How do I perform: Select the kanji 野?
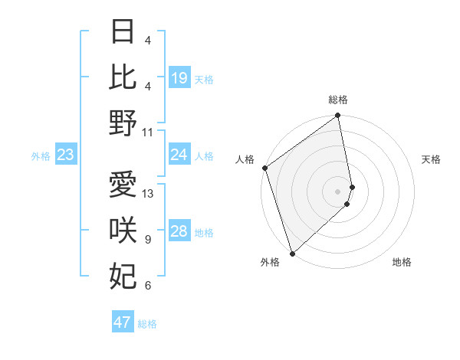[x=123, y=123]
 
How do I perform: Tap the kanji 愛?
[x=123, y=184]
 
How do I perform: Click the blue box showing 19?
[x=179, y=78]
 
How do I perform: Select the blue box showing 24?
[x=179, y=155]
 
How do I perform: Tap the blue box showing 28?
[x=179, y=232]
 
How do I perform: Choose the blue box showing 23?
[x=66, y=155]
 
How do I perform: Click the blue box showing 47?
[x=123, y=322]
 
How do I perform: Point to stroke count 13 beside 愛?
[x=149, y=194]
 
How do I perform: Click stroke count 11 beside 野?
[x=148, y=133]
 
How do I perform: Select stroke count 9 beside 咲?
[x=148, y=240]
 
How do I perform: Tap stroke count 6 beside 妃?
[x=148, y=286]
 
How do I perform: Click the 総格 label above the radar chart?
[x=338, y=100]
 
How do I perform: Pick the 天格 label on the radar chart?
[x=431, y=159]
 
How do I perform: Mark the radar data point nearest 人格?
[x=264, y=168]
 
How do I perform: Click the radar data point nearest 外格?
[x=292, y=253]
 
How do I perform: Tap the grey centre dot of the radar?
[x=338, y=191]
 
